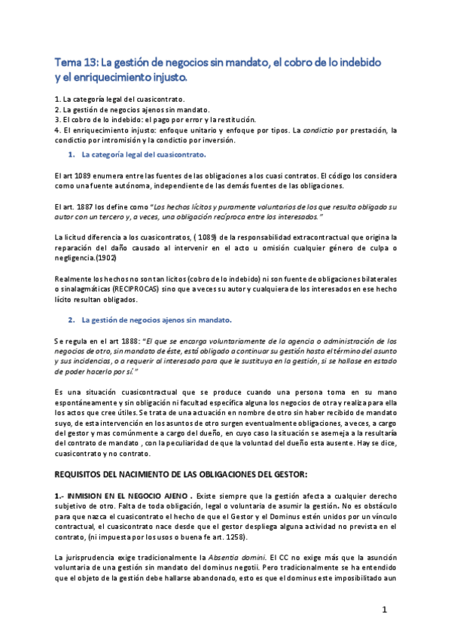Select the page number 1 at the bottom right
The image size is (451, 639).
click(x=384, y=609)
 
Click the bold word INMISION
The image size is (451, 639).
click(x=90, y=496)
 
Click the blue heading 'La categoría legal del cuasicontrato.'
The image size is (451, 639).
click(x=143, y=154)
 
